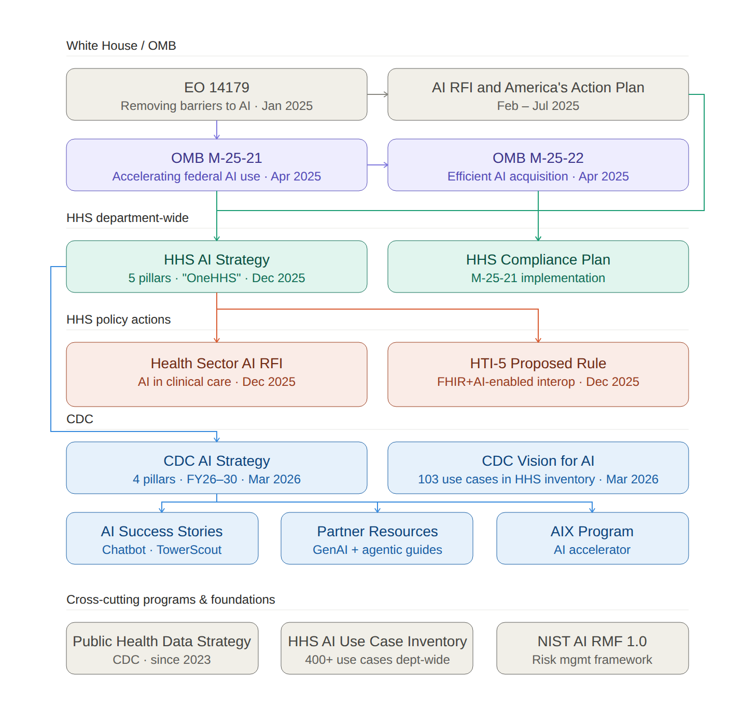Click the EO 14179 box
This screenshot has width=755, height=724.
(x=216, y=94)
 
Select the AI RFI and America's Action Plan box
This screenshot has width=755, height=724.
(x=538, y=94)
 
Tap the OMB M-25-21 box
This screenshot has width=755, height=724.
(x=216, y=165)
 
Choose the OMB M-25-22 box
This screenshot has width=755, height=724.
(x=538, y=165)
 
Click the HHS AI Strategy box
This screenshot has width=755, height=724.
(x=216, y=267)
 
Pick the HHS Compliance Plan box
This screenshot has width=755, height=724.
(x=538, y=267)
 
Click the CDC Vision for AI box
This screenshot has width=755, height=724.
(x=538, y=468)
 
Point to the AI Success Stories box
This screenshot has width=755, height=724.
(x=162, y=538)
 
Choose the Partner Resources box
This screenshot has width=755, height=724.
(x=377, y=538)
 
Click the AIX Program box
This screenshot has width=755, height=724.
(x=592, y=538)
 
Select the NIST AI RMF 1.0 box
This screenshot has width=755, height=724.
(x=592, y=648)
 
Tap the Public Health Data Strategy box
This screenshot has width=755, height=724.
(x=162, y=648)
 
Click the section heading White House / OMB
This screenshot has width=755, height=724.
(x=121, y=46)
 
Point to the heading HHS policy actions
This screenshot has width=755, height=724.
(x=118, y=319)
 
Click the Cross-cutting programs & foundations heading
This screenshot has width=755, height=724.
(x=171, y=600)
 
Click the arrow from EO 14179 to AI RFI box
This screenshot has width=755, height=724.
(x=378, y=94)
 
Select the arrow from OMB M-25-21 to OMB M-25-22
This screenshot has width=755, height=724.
(x=378, y=165)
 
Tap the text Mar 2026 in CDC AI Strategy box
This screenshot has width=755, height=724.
(x=274, y=479)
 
